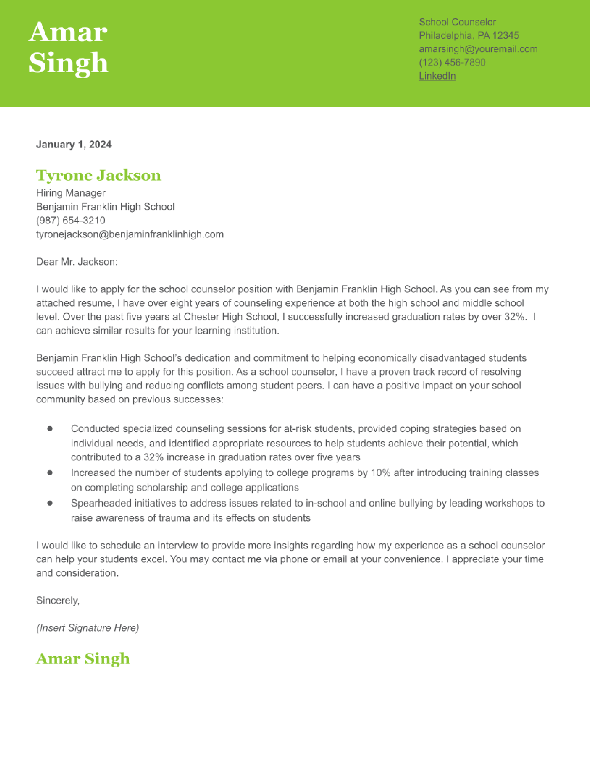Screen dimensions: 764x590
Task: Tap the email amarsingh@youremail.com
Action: point(478,49)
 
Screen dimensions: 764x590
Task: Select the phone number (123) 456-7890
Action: point(452,62)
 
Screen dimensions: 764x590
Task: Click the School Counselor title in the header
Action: point(457,22)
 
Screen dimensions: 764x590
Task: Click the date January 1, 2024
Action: point(74,144)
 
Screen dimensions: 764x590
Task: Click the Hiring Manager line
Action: point(71,193)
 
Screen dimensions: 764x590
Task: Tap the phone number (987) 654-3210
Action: point(71,220)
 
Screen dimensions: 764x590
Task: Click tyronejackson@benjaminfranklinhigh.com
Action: point(130,234)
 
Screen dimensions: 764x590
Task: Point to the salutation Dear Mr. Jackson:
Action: point(77,262)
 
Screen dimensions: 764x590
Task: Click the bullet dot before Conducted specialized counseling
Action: point(50,429)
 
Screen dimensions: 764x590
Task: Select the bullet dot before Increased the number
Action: point(50,473)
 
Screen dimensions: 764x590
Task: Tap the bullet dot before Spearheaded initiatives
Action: point(50,503)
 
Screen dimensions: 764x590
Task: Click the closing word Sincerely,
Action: point(58,600)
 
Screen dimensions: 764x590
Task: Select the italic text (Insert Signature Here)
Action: point(87,628)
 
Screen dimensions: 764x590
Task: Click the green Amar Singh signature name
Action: point(83,658)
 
